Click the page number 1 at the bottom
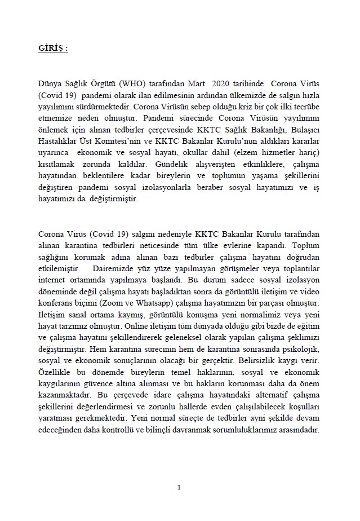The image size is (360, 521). coord(179,487)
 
